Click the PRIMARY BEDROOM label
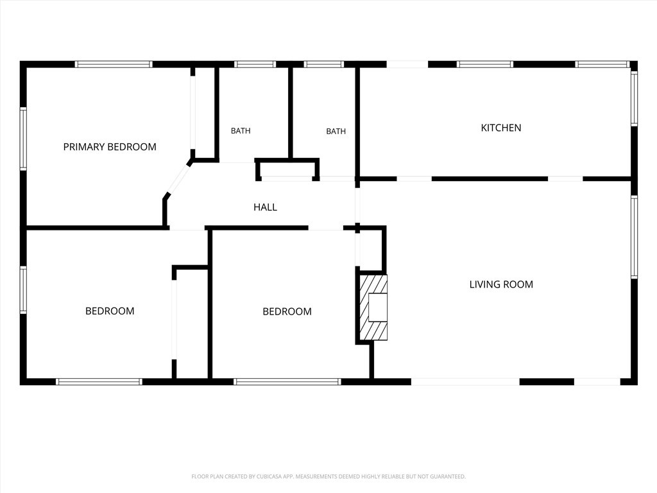coord(110,147)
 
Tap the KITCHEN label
coord(501,128)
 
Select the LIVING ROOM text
coord(501,284)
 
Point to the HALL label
coord(265,207)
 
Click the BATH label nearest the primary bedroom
coord(241,131)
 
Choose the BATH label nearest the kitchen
coord(336,131)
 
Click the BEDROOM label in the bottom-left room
coord(110,311)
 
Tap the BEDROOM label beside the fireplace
coord(287,311)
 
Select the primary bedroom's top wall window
coord(114,64)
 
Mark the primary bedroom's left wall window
coord(24,139)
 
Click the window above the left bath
coord(255,64)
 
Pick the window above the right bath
coord(323,64)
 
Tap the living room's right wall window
coord(635,237)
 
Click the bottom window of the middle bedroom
coord(287,382)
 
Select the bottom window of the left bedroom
coord(99,382)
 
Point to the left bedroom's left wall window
coord(24,290)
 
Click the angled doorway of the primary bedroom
coord(178,180)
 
